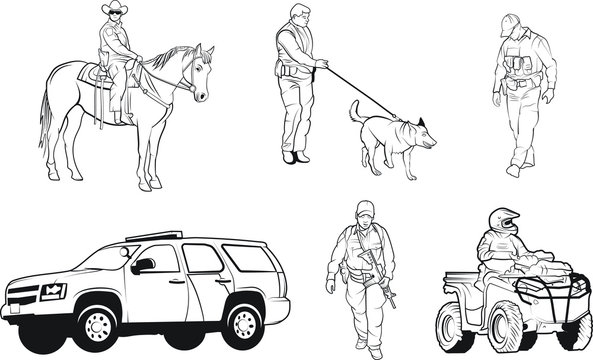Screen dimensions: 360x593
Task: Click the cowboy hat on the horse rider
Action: click(x=114, y=10)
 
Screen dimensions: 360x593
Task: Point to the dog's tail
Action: click(x=353, y=111)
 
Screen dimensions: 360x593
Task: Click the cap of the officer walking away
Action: click(x=511, y=21)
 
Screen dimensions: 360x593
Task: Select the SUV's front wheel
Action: click(x=97, y=322)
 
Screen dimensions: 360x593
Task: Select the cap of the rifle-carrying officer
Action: click(x=363, y=209)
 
